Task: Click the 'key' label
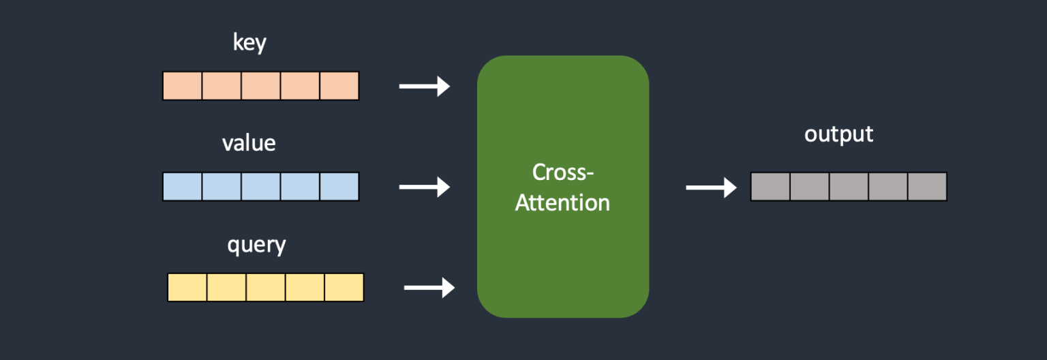[249, 43]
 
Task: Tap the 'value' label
[249, 143]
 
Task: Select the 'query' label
[256, 244]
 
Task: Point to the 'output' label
[838, 134]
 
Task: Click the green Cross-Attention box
[562, 259]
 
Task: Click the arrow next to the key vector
[424, 86]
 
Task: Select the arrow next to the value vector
[424, 186]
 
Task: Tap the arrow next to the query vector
[429, 287]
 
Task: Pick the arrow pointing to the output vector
[711, 187]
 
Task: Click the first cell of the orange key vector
[183, 86]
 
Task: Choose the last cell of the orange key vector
[339, 86]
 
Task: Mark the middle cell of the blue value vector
[260, 186]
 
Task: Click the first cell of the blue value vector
[183, 186]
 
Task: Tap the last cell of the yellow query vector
[344, 287]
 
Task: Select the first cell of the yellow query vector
[187, 287]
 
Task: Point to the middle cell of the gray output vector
[849, 187]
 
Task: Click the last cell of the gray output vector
[927, 187]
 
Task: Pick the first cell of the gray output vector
[770, 187]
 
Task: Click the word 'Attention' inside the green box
[562, 202]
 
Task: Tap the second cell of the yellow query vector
[226, 287]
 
